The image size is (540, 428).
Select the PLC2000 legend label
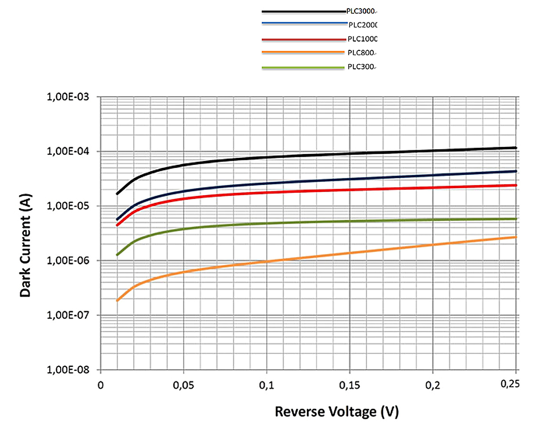pos(362,25)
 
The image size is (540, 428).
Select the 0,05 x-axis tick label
pos(183,385)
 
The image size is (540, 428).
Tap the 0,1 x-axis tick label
pos(266,385)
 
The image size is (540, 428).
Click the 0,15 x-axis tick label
pos(350,385)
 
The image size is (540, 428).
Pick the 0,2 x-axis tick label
pos(433,385)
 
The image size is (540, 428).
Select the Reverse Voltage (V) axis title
pos(336,412)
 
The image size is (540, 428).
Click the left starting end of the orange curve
pos(117,301)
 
